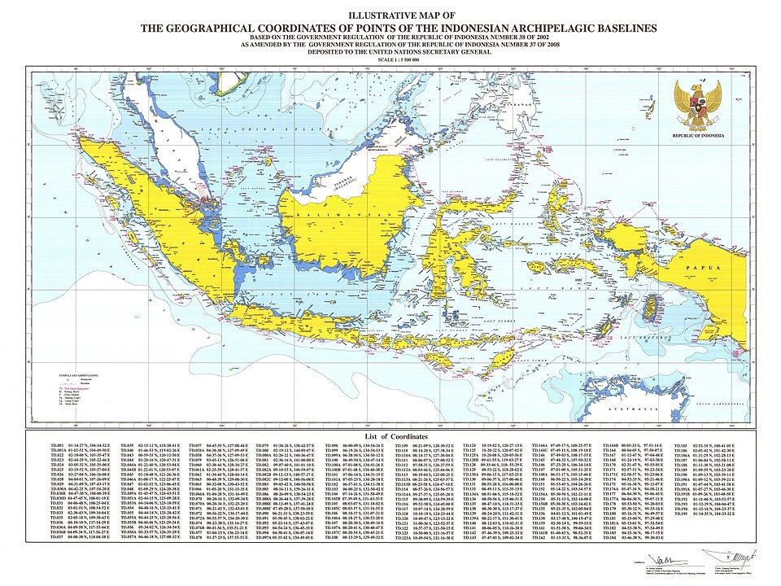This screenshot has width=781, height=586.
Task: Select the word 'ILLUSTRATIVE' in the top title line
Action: tap(373, 15)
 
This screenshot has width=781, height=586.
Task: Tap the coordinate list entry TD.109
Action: tap(401, 447)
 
